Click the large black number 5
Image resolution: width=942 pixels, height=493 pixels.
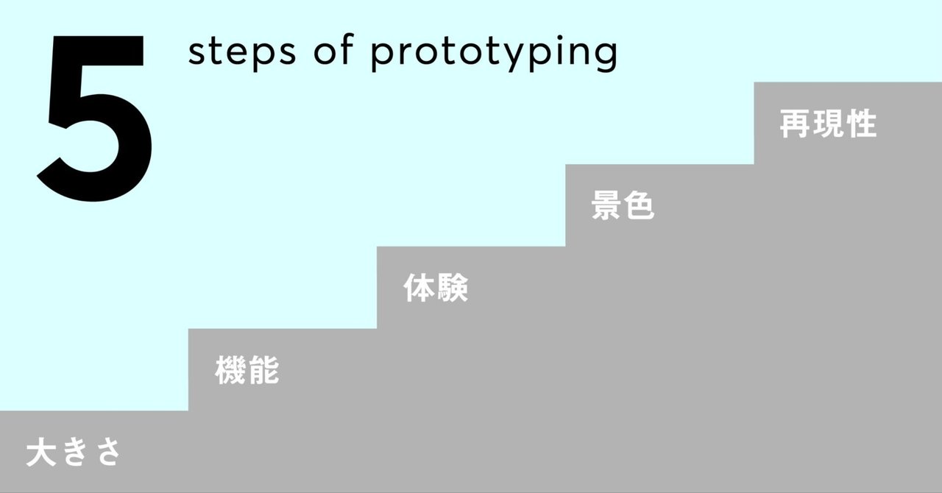pyautogui.click(x=95, y=118)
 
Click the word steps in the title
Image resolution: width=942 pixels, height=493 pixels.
pyautogui.click(x=242, y=52)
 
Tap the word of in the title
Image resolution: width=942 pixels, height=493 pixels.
pyautogui.click(x=333, y=49)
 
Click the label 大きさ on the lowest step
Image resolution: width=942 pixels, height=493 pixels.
pyautogui.click(x=74, y=453)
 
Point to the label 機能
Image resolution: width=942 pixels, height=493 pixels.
pyautogui.click(x=247, y=370)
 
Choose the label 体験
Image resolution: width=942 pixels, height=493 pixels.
pyautogui.click(x=436, y=288)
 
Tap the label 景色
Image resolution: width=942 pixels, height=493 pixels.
pyautogui.click(x=623, y=205)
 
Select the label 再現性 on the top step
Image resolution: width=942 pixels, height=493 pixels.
pyautogui.click(x=829, y=124)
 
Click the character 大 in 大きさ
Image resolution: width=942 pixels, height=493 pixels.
pyautogui.click(x=41, y=453)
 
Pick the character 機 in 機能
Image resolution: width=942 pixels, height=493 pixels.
pyautogui.click(x=230, y=370)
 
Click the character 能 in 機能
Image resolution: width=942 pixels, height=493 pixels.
pyautogui.click(x=263, y=370)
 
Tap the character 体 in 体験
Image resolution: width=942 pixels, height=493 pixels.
pyautogui.click(x=419, y=288)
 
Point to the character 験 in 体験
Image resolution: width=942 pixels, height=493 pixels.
pyautogui.click(x=453, y=288)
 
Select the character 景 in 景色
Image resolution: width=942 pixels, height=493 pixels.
pyautogui.click(x=606, y=205)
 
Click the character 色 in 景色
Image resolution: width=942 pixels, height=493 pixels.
pyautogui.click(x=640, y=205)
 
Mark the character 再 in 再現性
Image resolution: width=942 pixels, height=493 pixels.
pyautogui.click(x=796, y=124)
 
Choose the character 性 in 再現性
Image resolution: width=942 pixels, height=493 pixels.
pyautogui.click(x=862, y=124)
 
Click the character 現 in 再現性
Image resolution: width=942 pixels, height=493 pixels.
pyautogui.click(x=829, y=124)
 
